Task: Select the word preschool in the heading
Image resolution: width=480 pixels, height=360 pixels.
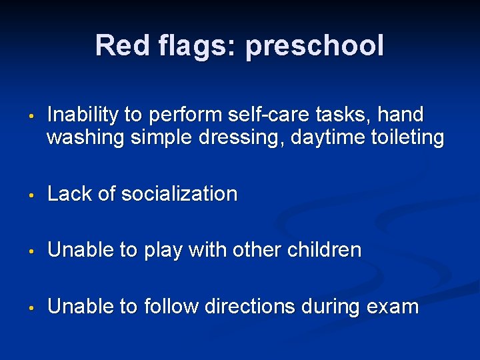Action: pos(315,47)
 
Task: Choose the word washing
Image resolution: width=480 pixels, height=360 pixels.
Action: pos(86,138)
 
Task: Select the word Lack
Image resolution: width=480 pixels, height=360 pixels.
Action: pos(70,194)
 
